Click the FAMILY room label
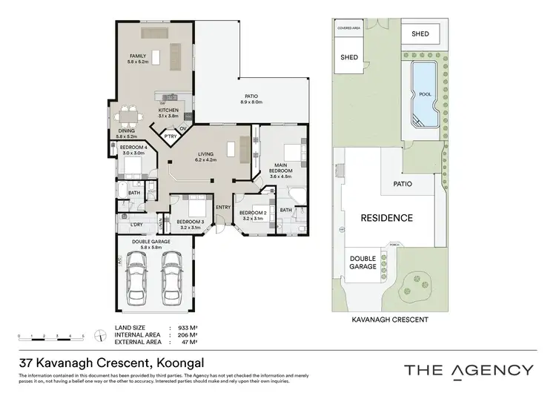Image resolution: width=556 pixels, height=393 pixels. tap(138, 56)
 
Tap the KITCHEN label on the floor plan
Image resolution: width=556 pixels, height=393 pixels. tap(169, 110)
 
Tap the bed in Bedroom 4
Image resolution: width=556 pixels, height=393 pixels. tap(134, 166)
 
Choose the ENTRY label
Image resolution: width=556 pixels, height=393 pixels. tap(223, 208)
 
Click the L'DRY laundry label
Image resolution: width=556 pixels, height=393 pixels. tap(136, 224)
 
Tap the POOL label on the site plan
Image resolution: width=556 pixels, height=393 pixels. tap(426, 95)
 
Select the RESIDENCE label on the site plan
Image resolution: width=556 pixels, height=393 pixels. tap(386, 218)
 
